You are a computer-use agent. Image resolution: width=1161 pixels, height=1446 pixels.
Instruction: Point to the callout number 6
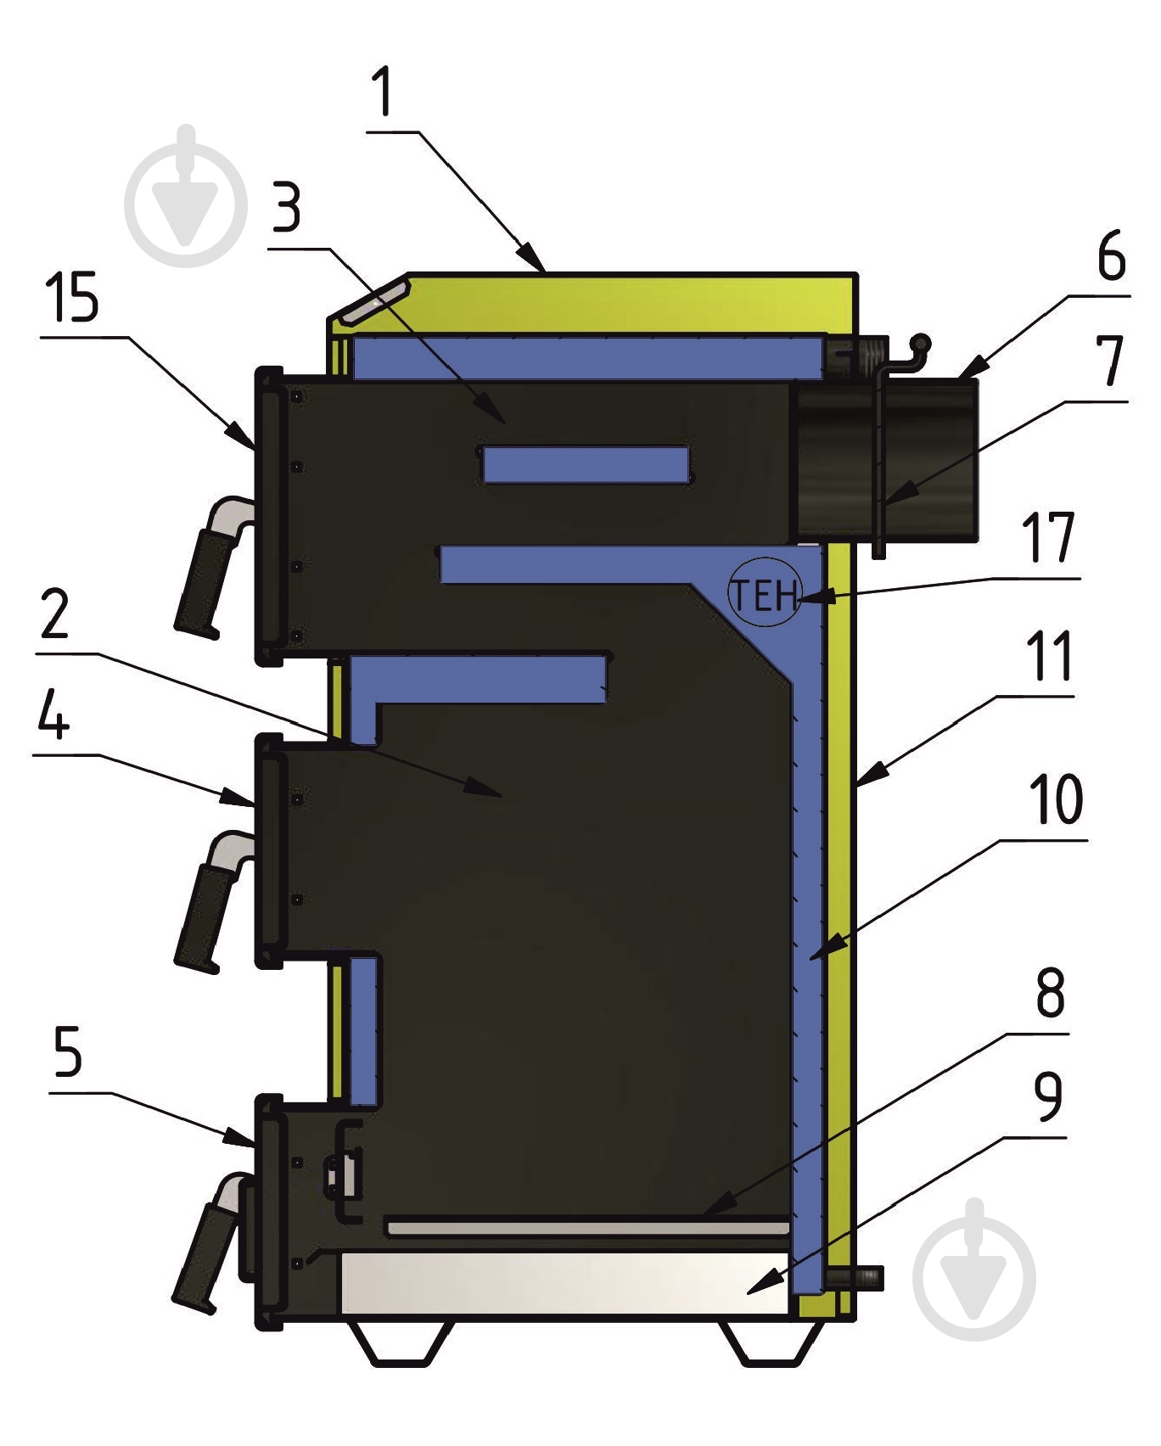pos(1111,255)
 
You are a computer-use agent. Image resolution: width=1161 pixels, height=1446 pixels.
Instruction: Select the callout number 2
pos(54,614)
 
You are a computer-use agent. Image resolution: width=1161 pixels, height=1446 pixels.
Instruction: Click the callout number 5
pos(68,1051)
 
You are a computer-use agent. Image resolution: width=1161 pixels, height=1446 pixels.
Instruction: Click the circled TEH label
pos(765,593)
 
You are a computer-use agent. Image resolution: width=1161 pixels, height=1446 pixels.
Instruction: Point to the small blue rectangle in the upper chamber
pos(586,464)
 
